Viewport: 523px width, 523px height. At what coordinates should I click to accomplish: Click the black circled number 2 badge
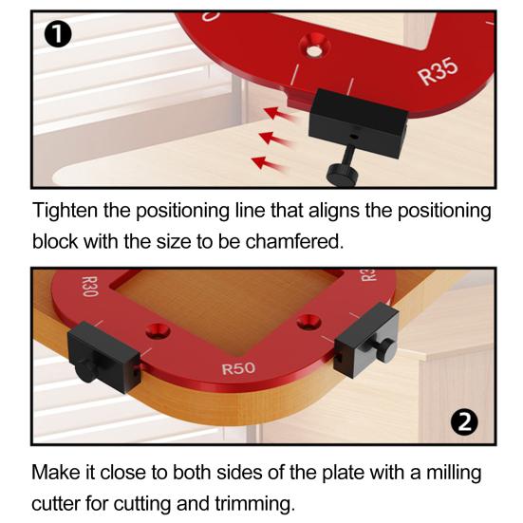464,422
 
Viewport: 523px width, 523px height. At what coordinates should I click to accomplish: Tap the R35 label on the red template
439,71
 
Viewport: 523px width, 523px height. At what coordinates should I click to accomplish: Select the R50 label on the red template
238,368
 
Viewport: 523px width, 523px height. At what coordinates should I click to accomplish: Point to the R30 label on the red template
90,287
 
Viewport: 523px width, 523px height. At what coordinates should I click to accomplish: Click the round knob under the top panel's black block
344,173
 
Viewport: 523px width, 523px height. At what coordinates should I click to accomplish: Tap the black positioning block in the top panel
358,123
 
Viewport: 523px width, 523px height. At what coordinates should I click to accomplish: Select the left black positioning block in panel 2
103,357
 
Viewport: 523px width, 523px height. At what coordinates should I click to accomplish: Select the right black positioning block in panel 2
366,340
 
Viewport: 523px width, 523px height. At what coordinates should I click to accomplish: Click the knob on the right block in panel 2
387,351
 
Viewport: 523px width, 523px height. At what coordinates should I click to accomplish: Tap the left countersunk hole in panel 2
158,331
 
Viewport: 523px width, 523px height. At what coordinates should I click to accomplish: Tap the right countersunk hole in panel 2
308,322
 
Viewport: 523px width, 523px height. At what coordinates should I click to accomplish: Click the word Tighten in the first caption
65,211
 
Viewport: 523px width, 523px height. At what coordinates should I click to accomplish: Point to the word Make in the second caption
56,473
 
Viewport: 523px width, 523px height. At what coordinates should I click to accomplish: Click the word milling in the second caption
454,474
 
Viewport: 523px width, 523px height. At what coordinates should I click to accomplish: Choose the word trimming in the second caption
254,504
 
